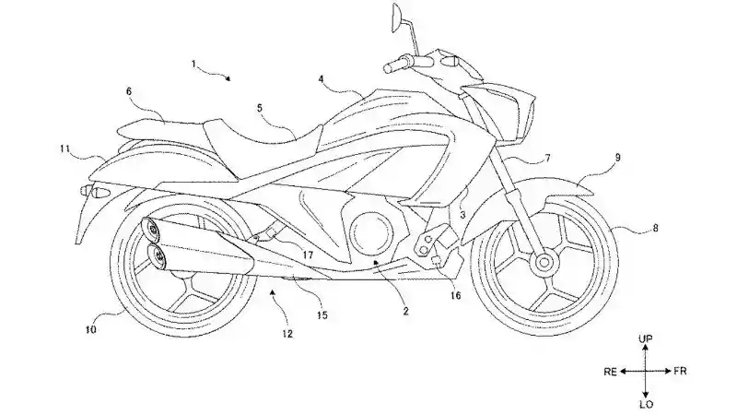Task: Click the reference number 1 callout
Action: [x=193, y=64]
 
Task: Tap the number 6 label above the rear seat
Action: [x=129, y=91]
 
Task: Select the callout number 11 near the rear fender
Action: [x=64, y=149]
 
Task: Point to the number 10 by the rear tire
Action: [x=91, y=330]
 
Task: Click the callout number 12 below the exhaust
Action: [x=287, y=334]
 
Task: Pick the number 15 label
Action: [x=322, y=315]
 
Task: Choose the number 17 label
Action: [x=308, y=255]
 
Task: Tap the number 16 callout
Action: [x=455, y=295]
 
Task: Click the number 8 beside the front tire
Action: [x=655, y=229]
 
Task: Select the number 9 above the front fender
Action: [x=617, y=158]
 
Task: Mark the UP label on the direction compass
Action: [x=646, y=338]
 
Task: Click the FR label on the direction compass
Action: [x=680, y=372]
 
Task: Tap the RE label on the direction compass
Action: [x=610, y=373]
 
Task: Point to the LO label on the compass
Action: [x=646, y=404]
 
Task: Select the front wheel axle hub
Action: [x=544, y=262]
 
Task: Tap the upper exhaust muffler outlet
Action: [x=152, y=230]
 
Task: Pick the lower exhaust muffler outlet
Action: [x=158, y=257]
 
